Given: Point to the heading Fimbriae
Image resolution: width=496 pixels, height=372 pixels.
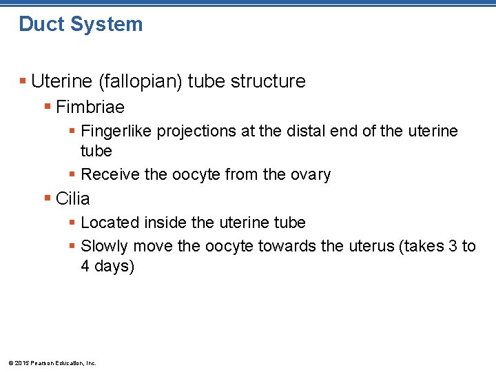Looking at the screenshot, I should (x=90, y=107).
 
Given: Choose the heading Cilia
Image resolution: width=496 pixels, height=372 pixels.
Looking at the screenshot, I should (x=73, y=199).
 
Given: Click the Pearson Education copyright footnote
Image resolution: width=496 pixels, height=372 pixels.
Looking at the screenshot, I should (x=52, y=363).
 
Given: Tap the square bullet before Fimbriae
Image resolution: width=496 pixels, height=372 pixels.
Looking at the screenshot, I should (x=48, y=106).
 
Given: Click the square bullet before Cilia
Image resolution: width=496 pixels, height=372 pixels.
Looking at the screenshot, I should (x=48, y=198).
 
